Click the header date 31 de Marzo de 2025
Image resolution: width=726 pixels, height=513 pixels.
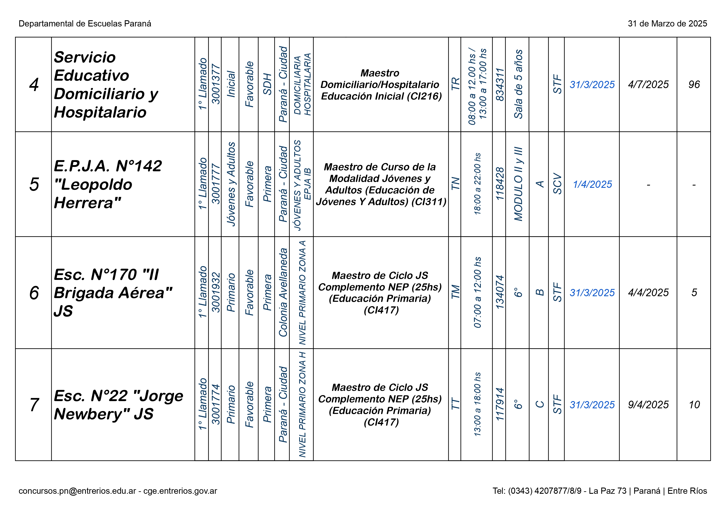(x=667, y=24)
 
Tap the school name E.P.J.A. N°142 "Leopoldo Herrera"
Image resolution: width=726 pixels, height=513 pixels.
(x=108, y=184)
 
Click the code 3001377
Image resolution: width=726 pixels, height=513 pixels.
(x=215, y=84)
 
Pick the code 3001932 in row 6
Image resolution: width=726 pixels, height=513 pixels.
(x=215, y=292)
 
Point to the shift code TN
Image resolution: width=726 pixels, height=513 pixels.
(x=455, y=184)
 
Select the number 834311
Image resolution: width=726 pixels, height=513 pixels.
(x=500, y=85)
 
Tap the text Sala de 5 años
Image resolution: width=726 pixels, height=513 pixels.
(x=518, y=84)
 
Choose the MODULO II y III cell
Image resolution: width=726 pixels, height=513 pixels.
(x=518, y=184)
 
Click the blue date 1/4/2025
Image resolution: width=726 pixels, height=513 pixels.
(x=592, y=184)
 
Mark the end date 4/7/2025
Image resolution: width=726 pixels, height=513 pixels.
(x=648, y=85)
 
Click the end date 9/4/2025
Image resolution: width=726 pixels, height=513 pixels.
(x=648, y=405)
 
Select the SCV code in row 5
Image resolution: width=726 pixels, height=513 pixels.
(x=557, y=184)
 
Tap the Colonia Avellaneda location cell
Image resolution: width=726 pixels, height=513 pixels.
(x=283, y=292)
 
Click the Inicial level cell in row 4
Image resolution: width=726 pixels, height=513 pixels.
(x=231, y=84)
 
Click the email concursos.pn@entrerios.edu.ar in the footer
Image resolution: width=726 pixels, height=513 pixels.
(x=77, y=491)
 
